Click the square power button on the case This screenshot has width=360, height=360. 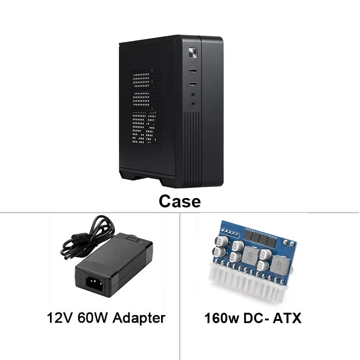[193, 53]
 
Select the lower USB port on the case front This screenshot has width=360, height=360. [193, 84]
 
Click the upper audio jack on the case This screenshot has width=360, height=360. [193, 94]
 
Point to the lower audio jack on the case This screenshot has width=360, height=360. [193, 103]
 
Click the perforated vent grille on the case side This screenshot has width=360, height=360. [146, 108]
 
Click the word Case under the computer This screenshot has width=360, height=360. [180, 201]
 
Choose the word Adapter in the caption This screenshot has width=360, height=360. [138, 319]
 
